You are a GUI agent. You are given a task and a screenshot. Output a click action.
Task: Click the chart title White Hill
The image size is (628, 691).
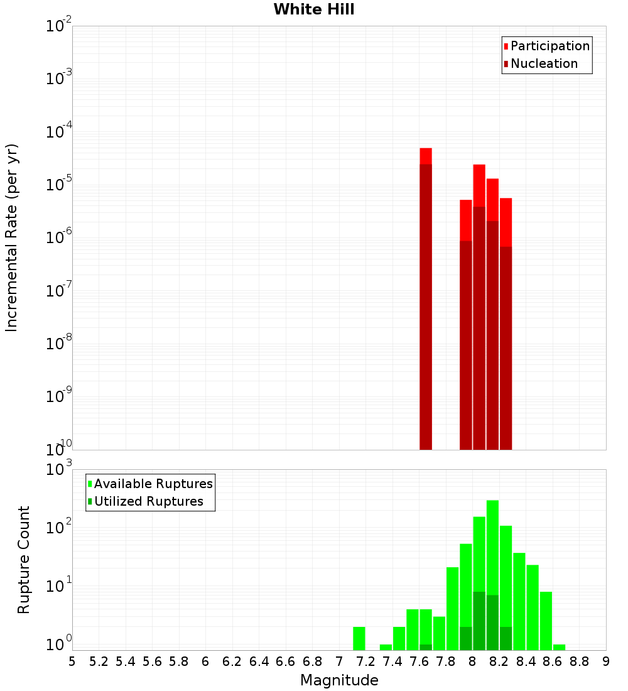[314, 9]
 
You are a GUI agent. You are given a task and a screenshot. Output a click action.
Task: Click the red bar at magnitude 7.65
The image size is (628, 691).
[426, 156]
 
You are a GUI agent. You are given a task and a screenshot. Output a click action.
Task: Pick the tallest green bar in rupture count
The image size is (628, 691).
[492, 565]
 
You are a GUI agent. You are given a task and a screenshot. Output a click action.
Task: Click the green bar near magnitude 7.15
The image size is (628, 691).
[359, 638]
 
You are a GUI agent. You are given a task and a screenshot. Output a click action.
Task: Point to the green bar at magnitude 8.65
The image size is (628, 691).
[559, 647]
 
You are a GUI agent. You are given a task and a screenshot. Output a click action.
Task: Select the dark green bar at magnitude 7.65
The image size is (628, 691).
[426, 647]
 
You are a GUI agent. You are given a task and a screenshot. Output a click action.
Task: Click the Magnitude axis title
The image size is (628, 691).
[339, 680]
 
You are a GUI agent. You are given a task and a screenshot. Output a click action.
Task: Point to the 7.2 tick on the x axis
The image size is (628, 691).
[365, 661]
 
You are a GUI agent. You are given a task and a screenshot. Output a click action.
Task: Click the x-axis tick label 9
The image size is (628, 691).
[606, 661]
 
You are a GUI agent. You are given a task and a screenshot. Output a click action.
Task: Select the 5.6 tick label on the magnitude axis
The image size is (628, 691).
[152, 661]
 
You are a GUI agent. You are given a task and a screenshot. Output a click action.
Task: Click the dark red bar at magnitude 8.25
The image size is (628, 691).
[506, 345]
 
